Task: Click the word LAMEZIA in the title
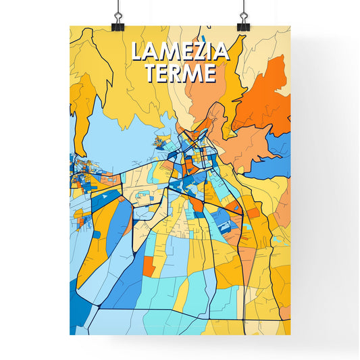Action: tap(180, 52)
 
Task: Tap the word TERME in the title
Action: tap(180, 73)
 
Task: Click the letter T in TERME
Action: tap(151, 73)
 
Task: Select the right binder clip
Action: tap(242, 24)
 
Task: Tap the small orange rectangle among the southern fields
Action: tap(149, 266)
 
